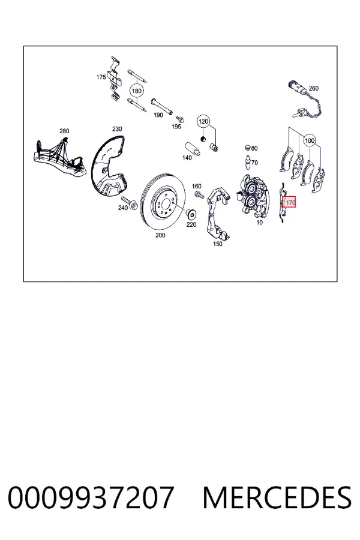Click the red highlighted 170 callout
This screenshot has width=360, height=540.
[x=289, y=203]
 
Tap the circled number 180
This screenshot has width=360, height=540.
[x=137, y=91]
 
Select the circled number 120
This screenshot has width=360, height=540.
[x=203, y=121]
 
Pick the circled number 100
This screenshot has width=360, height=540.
[x=310, y=140]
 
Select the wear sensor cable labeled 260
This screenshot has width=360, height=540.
[x=306, y=100]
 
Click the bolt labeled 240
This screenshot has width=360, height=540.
[x=129, y=203]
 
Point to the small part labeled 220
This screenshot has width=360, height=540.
[x=191, y=214]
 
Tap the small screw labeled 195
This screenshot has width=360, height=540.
[x=180, y=119]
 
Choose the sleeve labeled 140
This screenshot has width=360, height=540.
[x=193, y=149]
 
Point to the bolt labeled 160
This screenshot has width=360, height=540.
[x=198, y=194]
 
